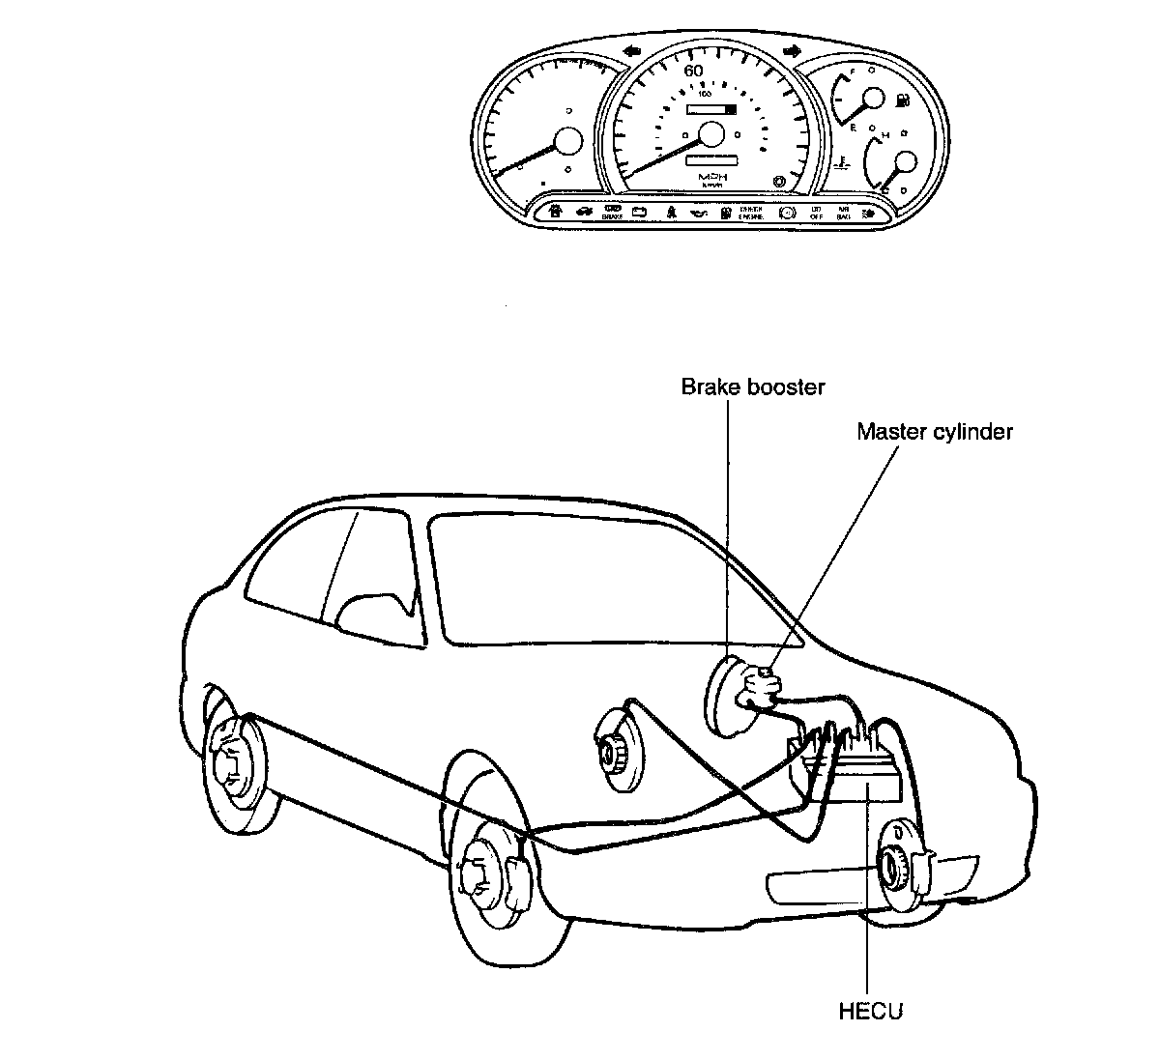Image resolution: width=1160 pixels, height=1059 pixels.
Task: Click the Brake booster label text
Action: pyautogui.click(x=753, y=387)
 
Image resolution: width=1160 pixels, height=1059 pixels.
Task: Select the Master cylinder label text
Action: pyautogui.click(x=934, y=431)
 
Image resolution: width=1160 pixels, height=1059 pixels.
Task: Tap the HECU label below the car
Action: pyautogui.click(x=870, y=1012)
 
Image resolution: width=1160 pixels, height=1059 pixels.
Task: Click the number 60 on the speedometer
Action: pyautogui.click(x=693, y=71)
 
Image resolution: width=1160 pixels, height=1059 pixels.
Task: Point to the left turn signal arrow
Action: pyautogui.click(x=634, y=51)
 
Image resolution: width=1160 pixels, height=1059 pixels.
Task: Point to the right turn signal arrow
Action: pyautogui.click(x=792, y=51)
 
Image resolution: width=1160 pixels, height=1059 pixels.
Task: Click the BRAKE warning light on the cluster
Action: pyautogui.click(x=612, y=214)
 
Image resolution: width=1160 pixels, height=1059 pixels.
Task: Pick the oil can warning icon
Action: pyautogui.click(x=699, y=212)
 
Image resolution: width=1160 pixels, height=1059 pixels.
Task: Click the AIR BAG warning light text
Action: pyautogui.click(x=843, y=213)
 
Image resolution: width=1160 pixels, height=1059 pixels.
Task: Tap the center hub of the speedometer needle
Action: pyautogui.click(x=713, y=135)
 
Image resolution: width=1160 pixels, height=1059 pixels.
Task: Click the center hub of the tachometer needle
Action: pyautogui.click(x=567, y=143)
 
